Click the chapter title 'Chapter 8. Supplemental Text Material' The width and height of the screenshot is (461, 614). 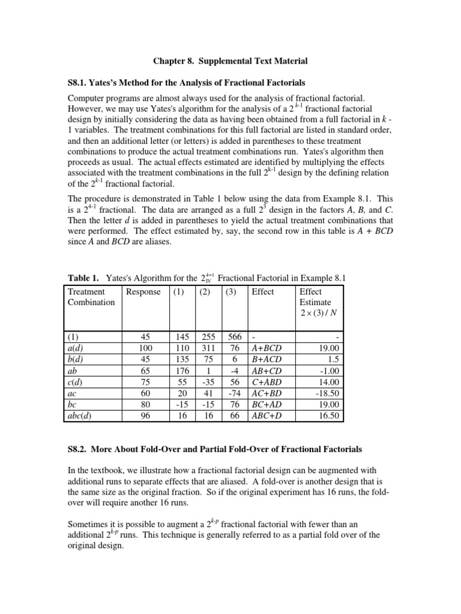(230, 61)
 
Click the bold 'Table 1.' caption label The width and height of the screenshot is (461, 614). (82, 278)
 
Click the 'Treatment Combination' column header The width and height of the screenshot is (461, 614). (91, 297)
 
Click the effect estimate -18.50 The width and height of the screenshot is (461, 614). (327, 393)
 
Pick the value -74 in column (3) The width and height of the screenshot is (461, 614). (234, 393)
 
